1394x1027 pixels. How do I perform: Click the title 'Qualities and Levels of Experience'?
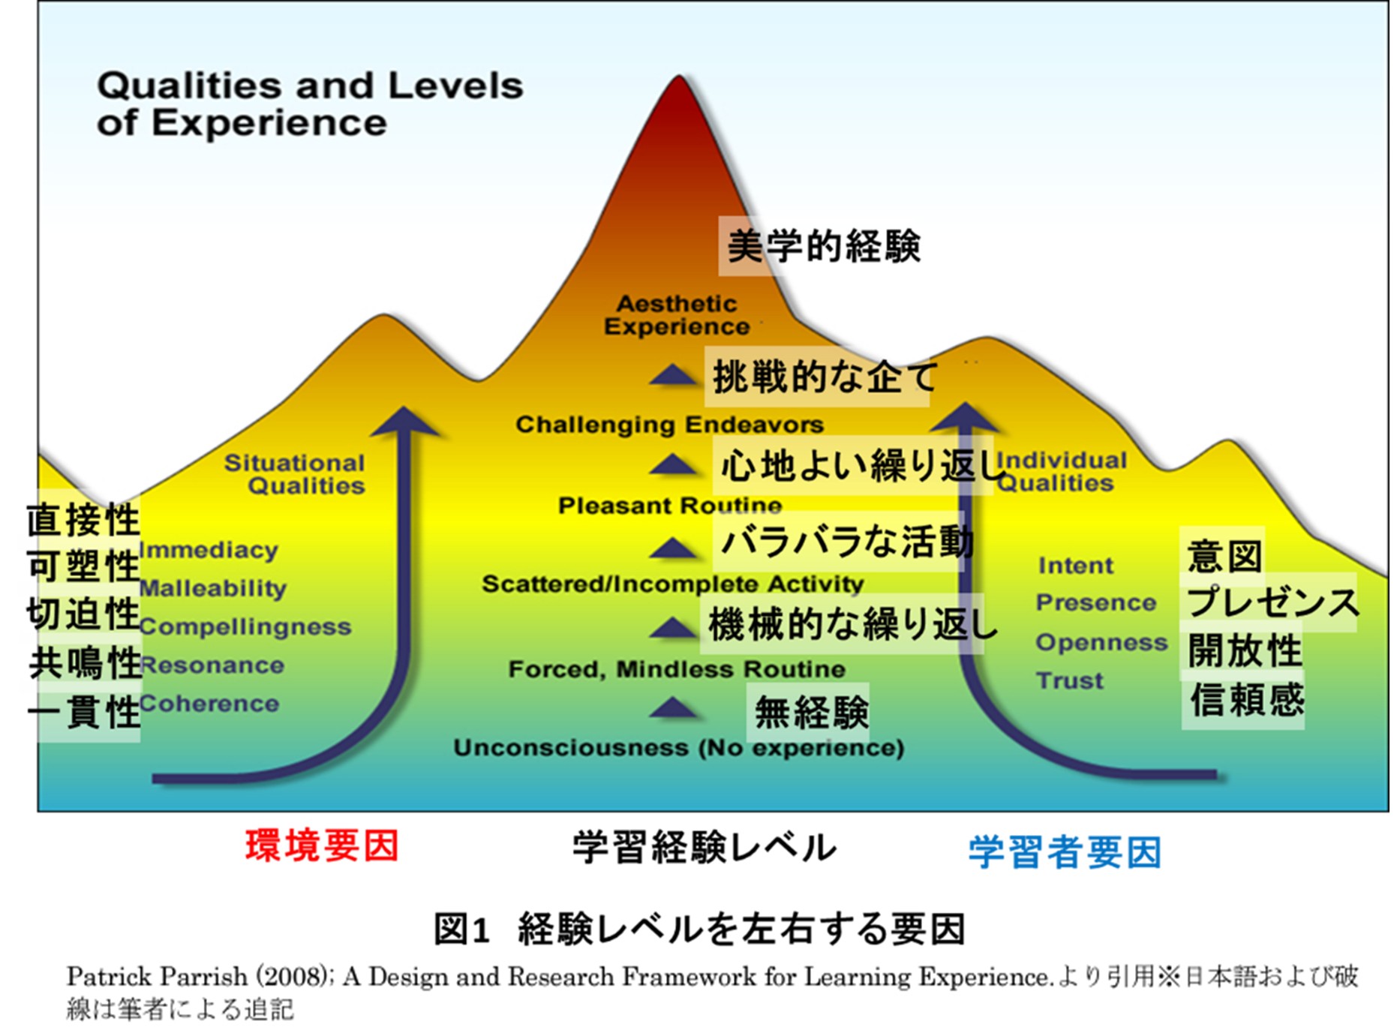310,104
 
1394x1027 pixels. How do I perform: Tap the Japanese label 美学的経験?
824,246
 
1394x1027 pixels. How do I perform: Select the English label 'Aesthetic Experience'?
677,315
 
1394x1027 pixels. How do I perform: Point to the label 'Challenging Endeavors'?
669,425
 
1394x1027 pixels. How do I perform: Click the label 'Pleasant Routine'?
670,506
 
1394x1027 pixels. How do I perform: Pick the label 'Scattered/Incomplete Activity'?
673,584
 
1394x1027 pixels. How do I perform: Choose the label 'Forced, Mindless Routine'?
677,669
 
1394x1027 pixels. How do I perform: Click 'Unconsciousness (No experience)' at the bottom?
678,748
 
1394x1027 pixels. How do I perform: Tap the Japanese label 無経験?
812,712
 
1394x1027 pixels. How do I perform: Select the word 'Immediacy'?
209,551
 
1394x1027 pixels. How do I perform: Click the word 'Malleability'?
213,589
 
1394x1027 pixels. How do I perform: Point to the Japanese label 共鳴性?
85,663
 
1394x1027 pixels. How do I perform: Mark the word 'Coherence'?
209,704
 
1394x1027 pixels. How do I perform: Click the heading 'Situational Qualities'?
295,474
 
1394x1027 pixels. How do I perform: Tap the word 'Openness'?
1101,643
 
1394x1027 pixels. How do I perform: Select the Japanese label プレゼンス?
1272,602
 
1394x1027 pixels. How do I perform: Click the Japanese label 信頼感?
1247,700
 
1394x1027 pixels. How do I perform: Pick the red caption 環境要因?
322,846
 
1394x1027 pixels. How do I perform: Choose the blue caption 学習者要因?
1065,852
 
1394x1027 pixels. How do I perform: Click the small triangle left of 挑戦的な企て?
674,375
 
